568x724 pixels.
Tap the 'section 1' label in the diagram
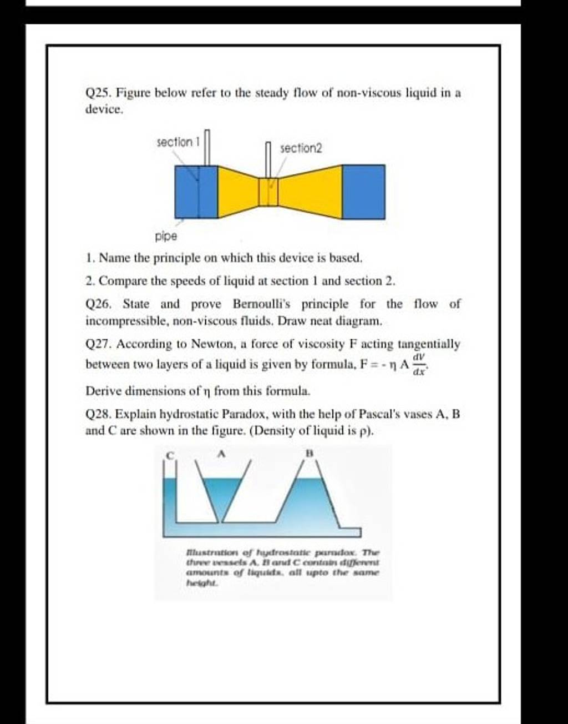pyautogui.click(x=177, y=143)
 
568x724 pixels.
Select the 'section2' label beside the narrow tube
pyautogui.click(x=301, y=148)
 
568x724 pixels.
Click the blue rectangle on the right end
pyautogui.click(x=363, y=191)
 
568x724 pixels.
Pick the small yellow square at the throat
pyautogui.click(x=268, y=192)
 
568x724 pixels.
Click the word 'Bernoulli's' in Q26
pyautogui.click(x=260, y=304)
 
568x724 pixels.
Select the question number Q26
pyautogui.click(x=98, y=304)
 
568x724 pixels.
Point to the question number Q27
pyautogui.click(x=98, y=344)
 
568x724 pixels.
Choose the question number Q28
pyautogui.click(x=98, y=414)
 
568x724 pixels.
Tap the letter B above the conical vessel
pyautogui.click(x=310, y=454)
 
